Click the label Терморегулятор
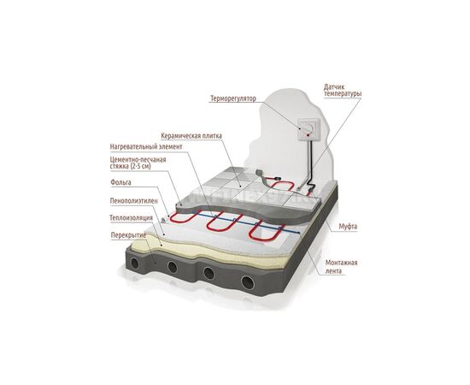(x=233, y=98)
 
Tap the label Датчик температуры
(x=343, y=91)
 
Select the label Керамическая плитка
(x=191, y=136)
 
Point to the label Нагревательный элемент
(x=146, y=147)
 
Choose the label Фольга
(x=120, y=182)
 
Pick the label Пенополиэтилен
(x=133, y=201)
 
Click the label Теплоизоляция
(x=132, y=217)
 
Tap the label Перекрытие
(x=128, y=235)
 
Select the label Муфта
(x=348, y=226)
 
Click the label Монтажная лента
(x=342, y=267)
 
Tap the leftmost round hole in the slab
(x=135, y=264)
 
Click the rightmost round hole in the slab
(x=248, y=282)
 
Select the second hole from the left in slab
(x=173, y=267)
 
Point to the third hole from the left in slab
(x=209, y=273)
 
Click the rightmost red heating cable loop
(x=266, y=232)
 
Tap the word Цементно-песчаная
(x=138, y=160)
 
